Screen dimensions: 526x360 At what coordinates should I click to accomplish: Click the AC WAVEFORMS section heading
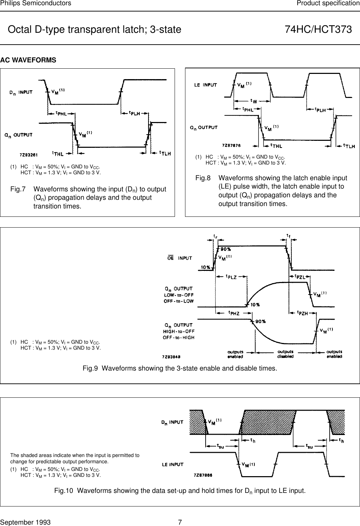[x=28, y=60]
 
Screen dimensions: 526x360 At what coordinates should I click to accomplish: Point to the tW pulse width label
[x=254, y=101]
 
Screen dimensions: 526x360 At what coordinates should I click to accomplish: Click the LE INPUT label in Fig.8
[x=205, y=85]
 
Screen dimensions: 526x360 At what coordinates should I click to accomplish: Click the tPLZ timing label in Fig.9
[x=231, y=277]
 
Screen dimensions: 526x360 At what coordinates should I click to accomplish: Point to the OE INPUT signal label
[x=180, y=258]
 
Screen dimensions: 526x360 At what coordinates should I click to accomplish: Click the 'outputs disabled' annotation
[x=285, y=354]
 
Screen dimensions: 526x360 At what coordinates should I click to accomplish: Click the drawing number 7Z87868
[x=203, y=475]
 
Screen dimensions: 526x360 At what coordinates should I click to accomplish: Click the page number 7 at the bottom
[x=180, y=522]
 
